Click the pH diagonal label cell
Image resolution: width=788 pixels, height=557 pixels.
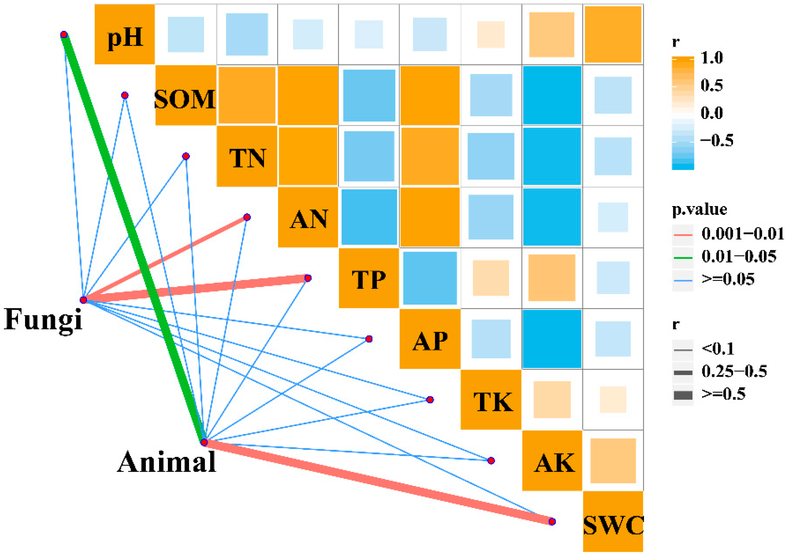125,35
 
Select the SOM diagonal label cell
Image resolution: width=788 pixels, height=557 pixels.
186,96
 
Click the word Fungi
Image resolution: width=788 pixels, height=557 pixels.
43,319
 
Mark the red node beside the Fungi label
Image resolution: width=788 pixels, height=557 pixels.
83,300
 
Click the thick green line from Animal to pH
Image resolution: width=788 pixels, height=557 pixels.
134,240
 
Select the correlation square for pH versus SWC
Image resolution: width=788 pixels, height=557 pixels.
613,35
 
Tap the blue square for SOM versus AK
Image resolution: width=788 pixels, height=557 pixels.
552,95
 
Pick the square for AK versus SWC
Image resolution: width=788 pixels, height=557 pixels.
613,461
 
